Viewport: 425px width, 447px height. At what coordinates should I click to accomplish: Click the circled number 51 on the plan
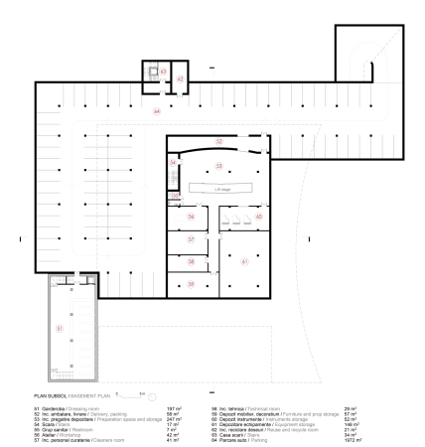coord(60,327)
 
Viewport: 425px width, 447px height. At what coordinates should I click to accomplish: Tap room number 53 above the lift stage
coord(219,165)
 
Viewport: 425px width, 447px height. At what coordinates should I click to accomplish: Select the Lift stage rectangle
coord(218,187)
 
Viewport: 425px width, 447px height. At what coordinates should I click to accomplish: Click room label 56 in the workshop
coord(192,216)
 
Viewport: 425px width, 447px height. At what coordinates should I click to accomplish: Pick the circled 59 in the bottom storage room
coord(192,284)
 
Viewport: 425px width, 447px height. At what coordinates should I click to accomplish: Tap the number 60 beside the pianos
coord(258,216)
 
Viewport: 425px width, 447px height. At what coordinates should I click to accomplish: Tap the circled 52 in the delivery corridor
coord(218,142)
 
